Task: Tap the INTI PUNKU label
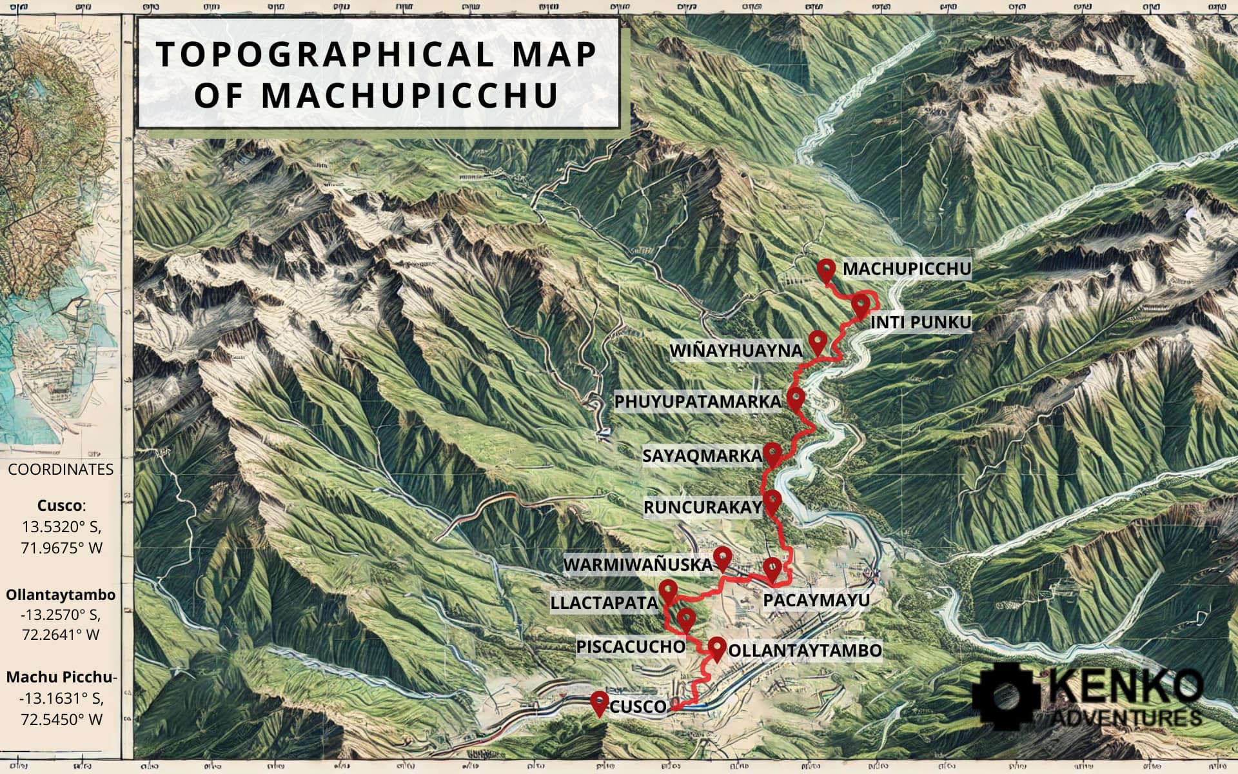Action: tap(920, 322)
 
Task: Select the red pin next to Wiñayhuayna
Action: tap(818, 341)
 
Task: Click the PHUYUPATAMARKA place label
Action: tap(697, 402)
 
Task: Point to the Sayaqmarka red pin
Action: tap(772, 453)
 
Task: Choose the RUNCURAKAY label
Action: tap(703, 508)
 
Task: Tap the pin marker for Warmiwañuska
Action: tap(723, 557)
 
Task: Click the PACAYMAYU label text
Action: tap(816, 600)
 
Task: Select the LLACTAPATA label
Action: tap(604, 603)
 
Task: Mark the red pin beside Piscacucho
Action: tap(685, 619)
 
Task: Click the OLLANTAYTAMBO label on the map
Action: tap(805, 650)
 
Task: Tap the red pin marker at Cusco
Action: tap(600, 702)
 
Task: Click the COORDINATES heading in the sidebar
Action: tap(61, 470)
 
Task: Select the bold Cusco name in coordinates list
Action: tap(60, 505)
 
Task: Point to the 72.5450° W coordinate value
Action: tap(61, 719)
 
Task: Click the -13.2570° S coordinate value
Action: tap(61, 613)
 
